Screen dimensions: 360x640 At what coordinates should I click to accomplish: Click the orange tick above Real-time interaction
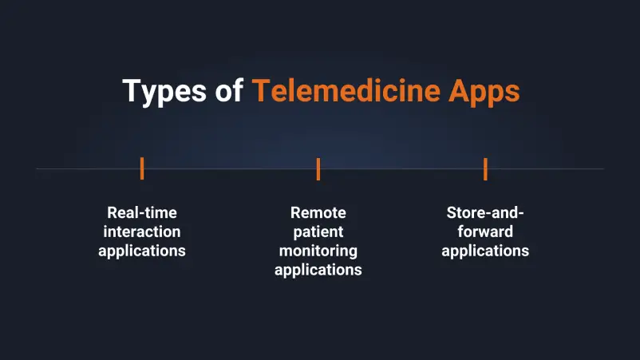142,168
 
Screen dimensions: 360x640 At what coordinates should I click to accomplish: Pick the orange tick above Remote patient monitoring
318,168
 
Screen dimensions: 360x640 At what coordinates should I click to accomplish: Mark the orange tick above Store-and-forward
485,168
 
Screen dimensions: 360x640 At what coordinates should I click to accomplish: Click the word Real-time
142,212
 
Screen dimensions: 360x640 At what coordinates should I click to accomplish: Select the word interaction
142,231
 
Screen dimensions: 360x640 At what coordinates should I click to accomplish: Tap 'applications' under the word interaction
142,251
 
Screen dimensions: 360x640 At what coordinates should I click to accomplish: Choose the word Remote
318,212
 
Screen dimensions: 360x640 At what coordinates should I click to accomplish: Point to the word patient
318,231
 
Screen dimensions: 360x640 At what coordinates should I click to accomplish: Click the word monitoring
318,251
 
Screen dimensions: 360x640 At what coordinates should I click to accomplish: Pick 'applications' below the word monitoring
318,270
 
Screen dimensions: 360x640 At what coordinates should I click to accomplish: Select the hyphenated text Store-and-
485,212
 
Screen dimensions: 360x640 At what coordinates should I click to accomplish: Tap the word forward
485,231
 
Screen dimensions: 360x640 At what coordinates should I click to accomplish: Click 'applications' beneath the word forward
485,251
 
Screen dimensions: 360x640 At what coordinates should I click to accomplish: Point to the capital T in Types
132,90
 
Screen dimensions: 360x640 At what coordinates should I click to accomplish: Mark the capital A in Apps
460,90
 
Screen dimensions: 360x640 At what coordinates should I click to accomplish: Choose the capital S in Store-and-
452,212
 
